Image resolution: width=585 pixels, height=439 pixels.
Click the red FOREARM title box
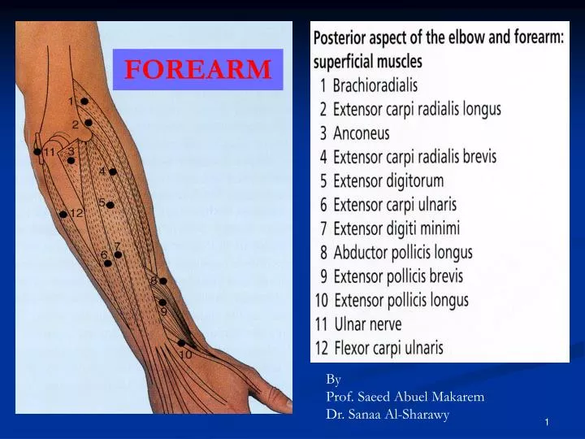point(197,70)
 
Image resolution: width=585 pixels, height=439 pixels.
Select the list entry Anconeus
point(362,133)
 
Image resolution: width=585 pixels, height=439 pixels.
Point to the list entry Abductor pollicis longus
point(402,253)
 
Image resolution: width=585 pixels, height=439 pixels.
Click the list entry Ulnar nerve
point(369,324)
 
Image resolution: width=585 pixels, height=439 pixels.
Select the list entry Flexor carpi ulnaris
point(388,348)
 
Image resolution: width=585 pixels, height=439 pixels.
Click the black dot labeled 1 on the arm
point(84,102)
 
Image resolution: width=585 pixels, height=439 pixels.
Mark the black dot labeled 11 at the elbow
point(37,151)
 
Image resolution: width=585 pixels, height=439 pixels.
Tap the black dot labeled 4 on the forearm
point(113,172)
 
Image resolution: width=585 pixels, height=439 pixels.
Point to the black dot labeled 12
point(63,214)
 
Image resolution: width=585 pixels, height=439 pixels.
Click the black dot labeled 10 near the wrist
point(180,343)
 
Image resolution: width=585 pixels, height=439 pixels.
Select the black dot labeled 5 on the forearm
point(110,205)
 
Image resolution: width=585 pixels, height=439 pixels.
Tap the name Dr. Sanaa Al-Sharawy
point(387,414)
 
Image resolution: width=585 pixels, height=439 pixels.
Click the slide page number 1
point(547,421)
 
